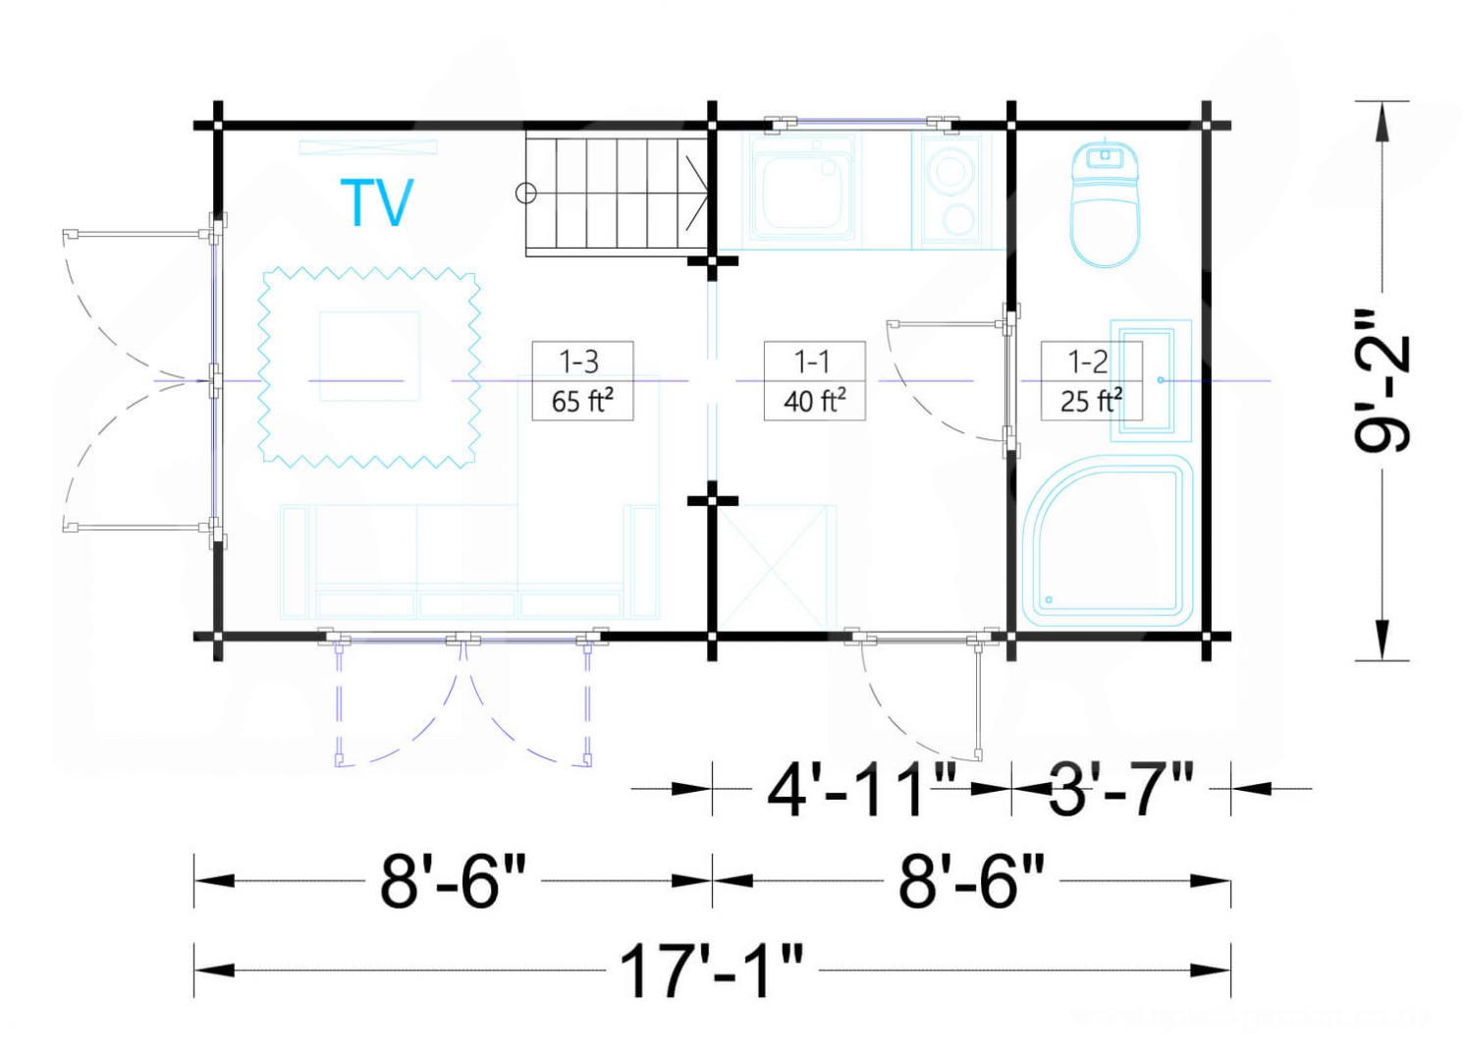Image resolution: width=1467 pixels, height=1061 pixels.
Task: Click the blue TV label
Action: (377, 202)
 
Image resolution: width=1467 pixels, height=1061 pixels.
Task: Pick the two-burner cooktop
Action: (951, 191)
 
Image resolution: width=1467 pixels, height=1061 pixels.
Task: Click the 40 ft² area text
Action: (814, 400)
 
